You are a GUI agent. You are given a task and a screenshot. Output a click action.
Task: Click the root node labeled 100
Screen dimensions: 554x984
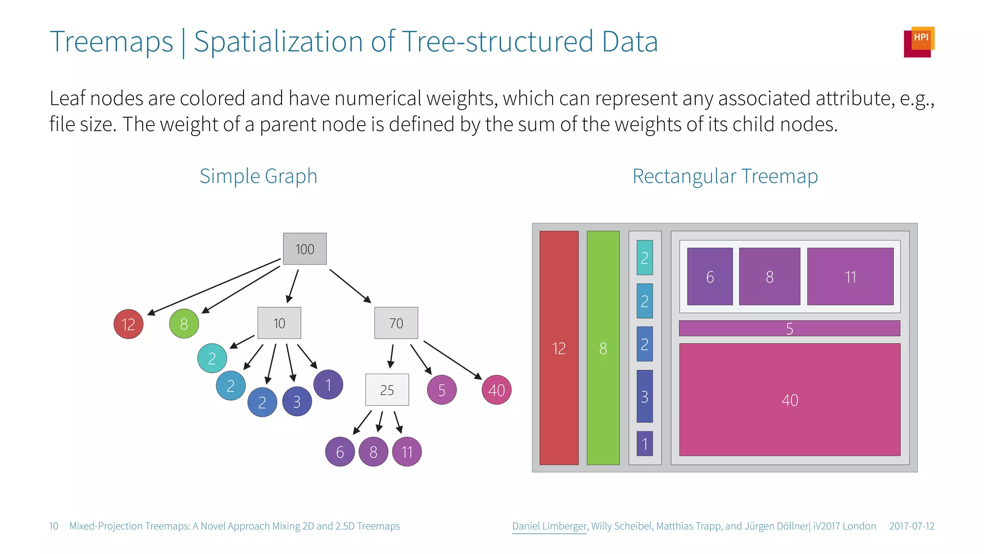pyautogui.click(x=305, y=249)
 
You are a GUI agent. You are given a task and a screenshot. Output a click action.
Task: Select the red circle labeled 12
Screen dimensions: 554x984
pyautogui.click(x=128, y=324)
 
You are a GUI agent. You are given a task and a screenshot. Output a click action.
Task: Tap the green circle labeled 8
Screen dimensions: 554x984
pyautogui.click(x=184, y=324)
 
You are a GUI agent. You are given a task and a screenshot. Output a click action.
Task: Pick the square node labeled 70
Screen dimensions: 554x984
pyautogui.click(x=396, y=323)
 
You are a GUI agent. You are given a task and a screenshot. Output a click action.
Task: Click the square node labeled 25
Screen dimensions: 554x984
pyautogui.click(x=387, y=390)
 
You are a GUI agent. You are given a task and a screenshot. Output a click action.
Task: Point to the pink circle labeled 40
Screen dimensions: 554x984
pyautogui.click(x=496, y=390)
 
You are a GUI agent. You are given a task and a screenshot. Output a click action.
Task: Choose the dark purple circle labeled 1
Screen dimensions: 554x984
pyautogui.click(x=328, y=385)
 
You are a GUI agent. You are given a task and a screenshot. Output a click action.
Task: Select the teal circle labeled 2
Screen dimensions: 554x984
pyautogui.click(x=212, y=358)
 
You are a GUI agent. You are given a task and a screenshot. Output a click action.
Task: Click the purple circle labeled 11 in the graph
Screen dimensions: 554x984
pyautogui.click(x=407, y=452)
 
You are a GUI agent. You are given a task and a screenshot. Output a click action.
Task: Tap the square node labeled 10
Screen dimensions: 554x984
pyautogui.click(x=279, y=323)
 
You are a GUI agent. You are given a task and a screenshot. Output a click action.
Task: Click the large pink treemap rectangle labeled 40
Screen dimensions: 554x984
pyautogui.click(x=789, y=400)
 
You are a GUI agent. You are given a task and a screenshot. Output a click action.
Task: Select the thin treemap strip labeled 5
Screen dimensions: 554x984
pyautogui.click(x=789, y=328)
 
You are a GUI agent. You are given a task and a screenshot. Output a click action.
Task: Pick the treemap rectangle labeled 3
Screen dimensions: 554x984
pyautogui.click(x=644, y=396)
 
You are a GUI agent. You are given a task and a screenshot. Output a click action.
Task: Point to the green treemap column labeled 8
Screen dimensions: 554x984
pyautogui.click(x=603, y=348)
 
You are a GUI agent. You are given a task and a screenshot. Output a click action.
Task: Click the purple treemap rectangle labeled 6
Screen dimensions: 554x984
pyautogui.click(x=710, y=277)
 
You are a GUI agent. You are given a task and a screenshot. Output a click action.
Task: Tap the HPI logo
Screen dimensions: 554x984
pyautogui.click(x=919, y=42)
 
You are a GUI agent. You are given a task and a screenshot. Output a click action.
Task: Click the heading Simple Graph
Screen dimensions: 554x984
pyautogui.click(x=258, y=176)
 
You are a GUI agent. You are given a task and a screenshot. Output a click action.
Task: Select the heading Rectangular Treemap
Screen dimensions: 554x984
pyautogui.click(x=725, y=176)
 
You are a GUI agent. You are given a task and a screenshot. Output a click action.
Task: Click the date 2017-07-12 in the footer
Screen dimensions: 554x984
pyautogui.click(x=911, y=526)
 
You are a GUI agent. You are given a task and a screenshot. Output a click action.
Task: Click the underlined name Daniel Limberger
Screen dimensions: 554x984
pyautogui.click(x=549, y=526)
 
